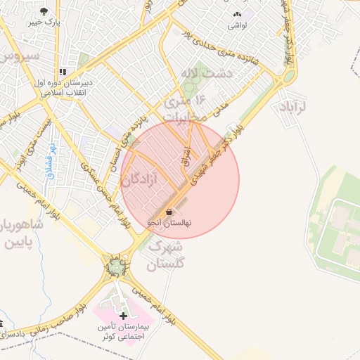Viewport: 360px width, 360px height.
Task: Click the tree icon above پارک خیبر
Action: pyautogui.click(x=44, y=11)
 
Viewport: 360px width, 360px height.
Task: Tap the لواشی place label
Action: pyautogui.click(x=236, y=26)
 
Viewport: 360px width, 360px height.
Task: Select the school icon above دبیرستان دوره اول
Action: pyautogui.click(x=63, y=72)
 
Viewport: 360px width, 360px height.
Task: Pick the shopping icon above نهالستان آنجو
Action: pyautogui.click(x=169, y=212)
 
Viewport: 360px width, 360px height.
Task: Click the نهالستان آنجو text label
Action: pyautogui.click(x=169, y=223)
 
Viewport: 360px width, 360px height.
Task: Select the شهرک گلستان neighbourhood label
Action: pyautogui.click(x=167, y=255)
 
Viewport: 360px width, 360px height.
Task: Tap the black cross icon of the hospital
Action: pyautogui.click(x=124, y=316)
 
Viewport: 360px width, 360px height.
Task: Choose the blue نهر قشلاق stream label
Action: pyautogui.click(x=51, y=160)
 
